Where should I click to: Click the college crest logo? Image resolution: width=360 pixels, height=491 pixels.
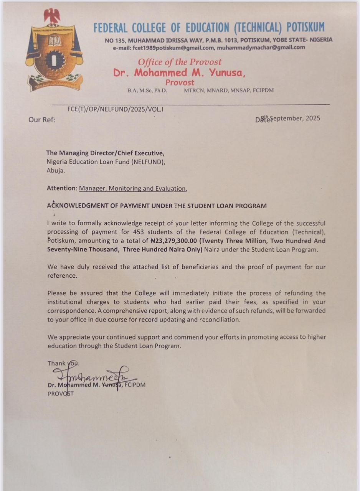54,54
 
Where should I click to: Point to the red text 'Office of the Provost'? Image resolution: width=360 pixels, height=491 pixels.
180,62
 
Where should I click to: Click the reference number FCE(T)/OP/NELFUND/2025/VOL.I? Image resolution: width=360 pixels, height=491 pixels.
116,109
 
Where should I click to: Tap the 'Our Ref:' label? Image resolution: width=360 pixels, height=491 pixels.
41,120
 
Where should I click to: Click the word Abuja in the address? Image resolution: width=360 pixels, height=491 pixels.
56,171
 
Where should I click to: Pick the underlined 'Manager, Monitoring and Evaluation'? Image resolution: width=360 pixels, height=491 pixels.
132,188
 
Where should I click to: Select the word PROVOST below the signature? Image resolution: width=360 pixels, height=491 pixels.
60,394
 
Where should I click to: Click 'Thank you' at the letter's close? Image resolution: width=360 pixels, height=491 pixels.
63,363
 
